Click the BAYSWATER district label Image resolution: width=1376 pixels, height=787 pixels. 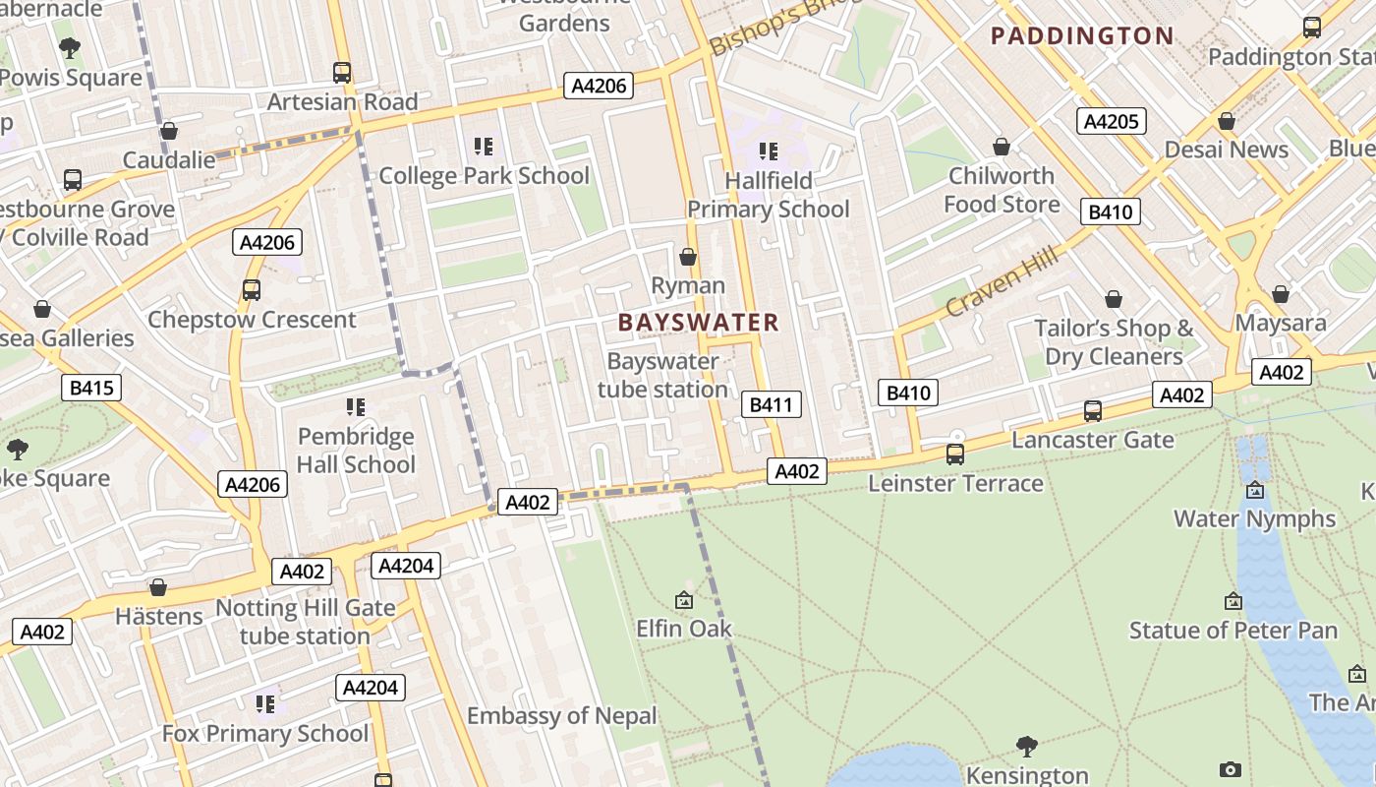pos(698,323)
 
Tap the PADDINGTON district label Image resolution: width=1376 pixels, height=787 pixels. pos(1082,36)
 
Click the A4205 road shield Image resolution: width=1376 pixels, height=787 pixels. pos(1112,121)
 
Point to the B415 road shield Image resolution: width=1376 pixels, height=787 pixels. pos(91,388)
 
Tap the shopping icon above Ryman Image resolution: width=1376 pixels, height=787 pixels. pos(688,258)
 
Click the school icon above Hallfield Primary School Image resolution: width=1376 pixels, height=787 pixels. pos(769,151)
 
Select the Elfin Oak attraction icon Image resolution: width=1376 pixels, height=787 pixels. pos(684,600)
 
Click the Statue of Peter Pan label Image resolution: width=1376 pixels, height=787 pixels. pos(1233,630)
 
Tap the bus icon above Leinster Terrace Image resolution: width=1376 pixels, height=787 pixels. pos(954,454)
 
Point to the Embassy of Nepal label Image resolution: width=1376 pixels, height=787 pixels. pos(561,716)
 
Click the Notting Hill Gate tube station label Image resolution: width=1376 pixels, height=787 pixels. pos(305,622)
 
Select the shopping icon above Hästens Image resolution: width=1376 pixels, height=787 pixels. pos(158,588)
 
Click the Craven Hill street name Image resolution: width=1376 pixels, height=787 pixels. pos(1002,281)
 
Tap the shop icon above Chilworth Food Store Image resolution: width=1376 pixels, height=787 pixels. pos(1001,148)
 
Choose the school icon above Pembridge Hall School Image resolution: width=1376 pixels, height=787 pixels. pos(356,407)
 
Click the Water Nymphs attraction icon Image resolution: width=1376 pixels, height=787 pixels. pos(1254,490)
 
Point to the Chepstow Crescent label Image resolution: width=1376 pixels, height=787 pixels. pos(252,320)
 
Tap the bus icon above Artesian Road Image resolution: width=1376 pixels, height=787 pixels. pos(342,73)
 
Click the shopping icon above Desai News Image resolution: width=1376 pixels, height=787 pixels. pos(1226,122)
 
